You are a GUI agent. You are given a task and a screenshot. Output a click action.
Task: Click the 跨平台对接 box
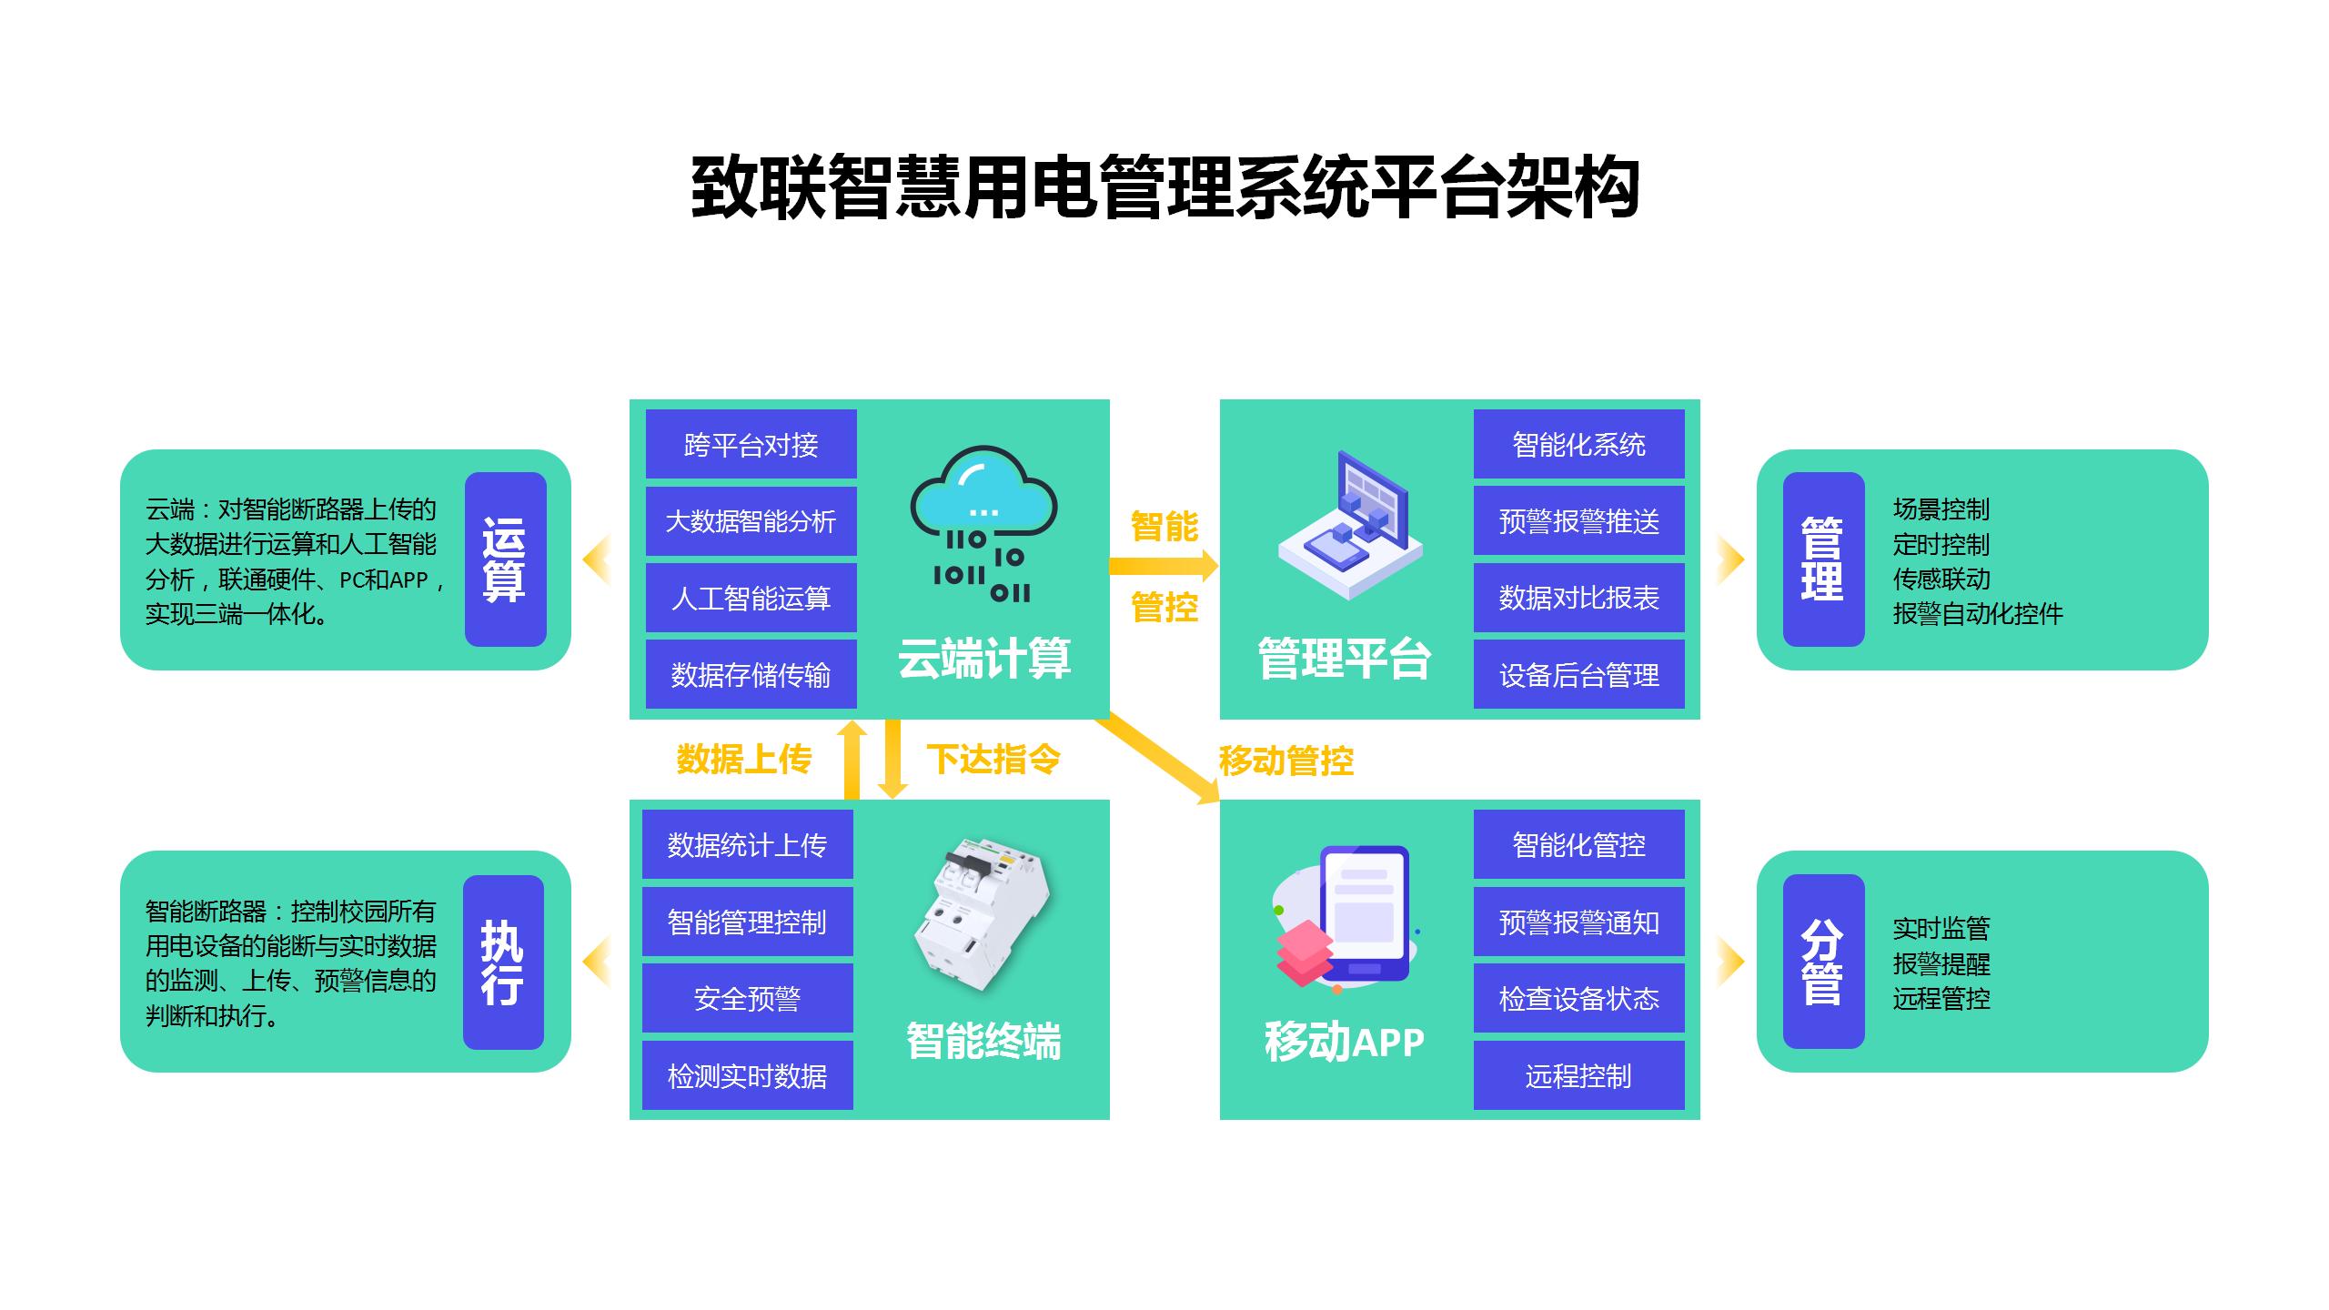tap(751, 444)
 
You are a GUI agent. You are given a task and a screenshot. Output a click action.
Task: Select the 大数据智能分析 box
tap(751, 521)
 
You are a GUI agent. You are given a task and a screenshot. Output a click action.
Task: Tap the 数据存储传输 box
tap(751, 674)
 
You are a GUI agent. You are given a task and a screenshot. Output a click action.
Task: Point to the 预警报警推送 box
tap(1578, 521)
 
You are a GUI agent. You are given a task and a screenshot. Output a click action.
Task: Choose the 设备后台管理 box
tap(1578, 674)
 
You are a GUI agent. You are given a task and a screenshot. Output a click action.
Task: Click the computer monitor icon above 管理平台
tap(1351, 523)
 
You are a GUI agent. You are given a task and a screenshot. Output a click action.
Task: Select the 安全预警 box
tap(747, 998)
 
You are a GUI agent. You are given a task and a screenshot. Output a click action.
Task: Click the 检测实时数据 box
tap(747, 1075)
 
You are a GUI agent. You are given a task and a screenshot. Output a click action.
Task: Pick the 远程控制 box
tap(1578, 1075)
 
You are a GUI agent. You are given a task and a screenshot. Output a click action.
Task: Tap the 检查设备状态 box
tap(1578, 998)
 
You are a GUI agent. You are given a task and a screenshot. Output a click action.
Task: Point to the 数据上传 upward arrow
tap(852, 760)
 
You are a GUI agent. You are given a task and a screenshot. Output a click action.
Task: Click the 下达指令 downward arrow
tap(892, 760)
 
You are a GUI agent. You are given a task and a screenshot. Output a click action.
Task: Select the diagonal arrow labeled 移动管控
tap(1160, 760)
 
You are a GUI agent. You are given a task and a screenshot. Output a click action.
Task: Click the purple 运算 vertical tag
tap(505, 559)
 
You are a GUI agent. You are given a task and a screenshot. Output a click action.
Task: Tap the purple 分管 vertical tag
tap(1823, 961)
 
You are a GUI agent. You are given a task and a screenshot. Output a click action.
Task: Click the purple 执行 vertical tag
tap(503, 962)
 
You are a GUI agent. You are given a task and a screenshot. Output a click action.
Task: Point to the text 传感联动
tap(1941, 579)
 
